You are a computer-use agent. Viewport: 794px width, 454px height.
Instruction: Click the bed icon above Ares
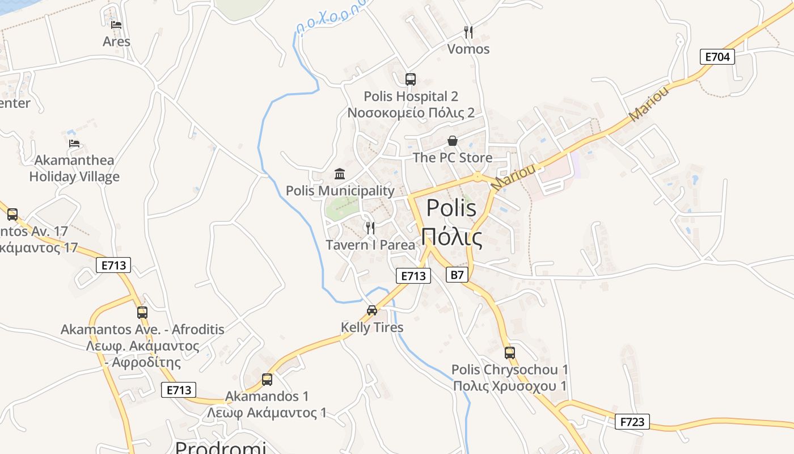click(x=116, y=24)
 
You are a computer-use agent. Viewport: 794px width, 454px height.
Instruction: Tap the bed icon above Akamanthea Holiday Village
click(x=74, y=143)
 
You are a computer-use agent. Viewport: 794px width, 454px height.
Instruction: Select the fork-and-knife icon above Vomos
click(x=468, y=32)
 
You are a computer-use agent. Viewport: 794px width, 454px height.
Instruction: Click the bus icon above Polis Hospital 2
click(x=411, y=79)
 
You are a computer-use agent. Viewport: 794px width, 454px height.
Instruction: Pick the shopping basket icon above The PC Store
click(x=453, y=141)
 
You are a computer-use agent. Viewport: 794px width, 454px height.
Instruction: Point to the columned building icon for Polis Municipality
click(x=340, y=174)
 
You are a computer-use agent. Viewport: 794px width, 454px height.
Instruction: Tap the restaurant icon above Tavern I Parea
click(x=370, y=228)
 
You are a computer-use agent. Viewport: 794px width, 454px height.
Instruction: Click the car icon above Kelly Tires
click(x=372, y=310)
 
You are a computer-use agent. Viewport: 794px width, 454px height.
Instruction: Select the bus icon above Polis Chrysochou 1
click(x=510, y=353)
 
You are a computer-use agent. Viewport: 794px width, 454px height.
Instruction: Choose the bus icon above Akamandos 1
click(x=267, y=380)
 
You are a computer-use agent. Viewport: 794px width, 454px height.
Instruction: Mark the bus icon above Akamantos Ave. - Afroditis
click(x=142, y=313)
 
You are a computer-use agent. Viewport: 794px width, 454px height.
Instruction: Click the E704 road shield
click(x=717, y=57)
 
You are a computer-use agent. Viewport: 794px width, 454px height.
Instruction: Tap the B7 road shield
click(x=457, y=275)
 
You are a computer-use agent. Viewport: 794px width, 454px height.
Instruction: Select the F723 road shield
click(x=632, y=422)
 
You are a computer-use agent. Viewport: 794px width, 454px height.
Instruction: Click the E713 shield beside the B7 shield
click(x=413, y=276)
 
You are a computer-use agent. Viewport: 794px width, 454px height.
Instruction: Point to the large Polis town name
click(x=451, y=222)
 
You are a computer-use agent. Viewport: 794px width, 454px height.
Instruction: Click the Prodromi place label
click(x=220, y=447)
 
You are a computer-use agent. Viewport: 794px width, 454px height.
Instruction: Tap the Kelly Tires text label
click(x=372, y=327)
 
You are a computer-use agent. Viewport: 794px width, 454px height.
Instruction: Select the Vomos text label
click(x=468, y=49)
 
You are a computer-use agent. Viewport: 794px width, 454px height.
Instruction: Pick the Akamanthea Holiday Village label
click(x=74, y=169)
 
